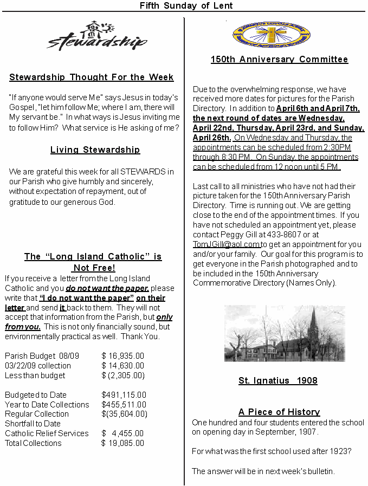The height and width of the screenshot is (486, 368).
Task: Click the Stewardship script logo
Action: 97,36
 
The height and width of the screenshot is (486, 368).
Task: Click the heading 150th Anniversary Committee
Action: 279,60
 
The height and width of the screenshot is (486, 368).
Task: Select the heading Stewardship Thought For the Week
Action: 92,77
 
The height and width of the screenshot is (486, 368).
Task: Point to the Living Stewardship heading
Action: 95,150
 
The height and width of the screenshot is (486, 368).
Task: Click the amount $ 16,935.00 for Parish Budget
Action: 123,356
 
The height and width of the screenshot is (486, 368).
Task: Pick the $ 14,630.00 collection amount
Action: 123,366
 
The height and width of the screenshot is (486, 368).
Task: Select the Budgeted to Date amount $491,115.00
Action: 124,395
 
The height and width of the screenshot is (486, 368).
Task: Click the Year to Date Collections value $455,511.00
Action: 124,405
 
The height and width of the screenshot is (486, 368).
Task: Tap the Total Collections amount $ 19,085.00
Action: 123,443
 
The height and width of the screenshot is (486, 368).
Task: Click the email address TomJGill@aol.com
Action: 227,244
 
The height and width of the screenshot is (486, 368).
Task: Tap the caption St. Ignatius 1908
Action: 277,381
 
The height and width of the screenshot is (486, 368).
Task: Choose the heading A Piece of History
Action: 279,412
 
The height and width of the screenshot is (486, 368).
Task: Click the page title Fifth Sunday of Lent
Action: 186,6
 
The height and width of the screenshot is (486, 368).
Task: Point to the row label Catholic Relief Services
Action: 47,433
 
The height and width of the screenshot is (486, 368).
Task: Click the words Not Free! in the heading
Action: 93,268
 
